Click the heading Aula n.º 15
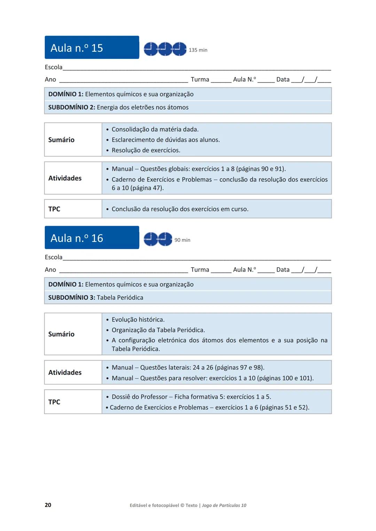77,48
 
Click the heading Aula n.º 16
77,238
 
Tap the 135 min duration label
198,50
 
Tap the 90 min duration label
182,240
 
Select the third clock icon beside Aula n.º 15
179,49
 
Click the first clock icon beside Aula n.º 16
151,239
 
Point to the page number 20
48,505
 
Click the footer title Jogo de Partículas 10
224,505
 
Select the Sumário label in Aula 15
61,140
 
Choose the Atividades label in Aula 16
65,372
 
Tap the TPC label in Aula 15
54,209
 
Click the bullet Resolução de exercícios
146,150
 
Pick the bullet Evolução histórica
138,320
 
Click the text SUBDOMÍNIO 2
71,107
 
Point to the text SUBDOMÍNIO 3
71,298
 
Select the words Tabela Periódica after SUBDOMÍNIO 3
120,298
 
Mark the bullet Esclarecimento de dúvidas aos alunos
165,140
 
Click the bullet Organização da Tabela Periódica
158,330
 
